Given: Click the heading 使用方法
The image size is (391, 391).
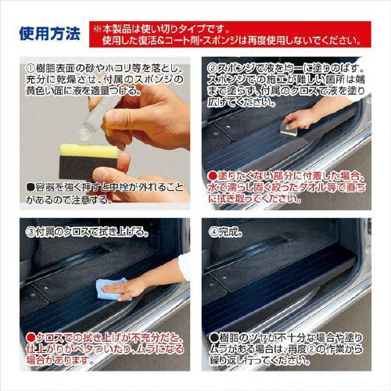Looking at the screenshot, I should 49,34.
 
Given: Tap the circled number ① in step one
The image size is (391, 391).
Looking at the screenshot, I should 31,68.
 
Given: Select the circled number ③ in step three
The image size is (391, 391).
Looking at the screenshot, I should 31,231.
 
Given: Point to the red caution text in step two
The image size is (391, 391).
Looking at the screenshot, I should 286,188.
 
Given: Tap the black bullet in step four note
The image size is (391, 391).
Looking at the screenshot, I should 213,335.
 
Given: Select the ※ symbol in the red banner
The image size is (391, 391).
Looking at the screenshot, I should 97,27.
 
